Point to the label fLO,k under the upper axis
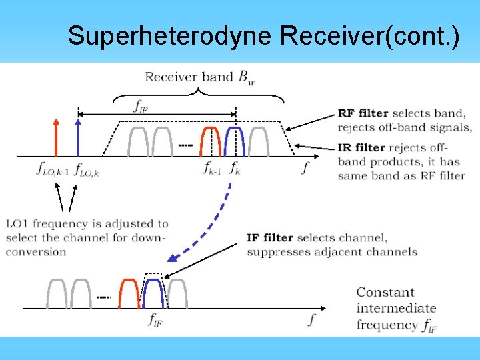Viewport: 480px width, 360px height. pyautogui.click(x=87, y=169)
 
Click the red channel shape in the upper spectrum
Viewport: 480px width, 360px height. pyautogui.click(x=211, y=140)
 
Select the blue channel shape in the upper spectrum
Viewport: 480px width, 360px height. pyautogui.click(x=235, y=140)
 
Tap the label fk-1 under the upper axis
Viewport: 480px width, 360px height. pyautogui.click(x=212, y=168)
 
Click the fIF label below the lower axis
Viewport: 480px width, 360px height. pyautogui.click(x=155, y=319)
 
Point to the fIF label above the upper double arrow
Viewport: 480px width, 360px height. pyautogui.click(x=141, y=105)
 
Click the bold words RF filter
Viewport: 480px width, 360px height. pyautogui.click(x=363, y=113)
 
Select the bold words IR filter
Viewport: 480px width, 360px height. pyautogui.click(x=361, y=147)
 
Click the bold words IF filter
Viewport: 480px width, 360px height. pyautogui.click(x=270, y=238)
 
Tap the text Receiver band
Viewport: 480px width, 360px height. pyautogui.click(x=189, y=77)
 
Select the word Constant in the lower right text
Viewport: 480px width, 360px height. pyautogui.click(x=385, y=293)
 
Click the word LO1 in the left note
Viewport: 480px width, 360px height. pyautogui.click(x=18, y=224)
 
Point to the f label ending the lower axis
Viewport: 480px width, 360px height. pyautogui.click(x=311, y=320)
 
